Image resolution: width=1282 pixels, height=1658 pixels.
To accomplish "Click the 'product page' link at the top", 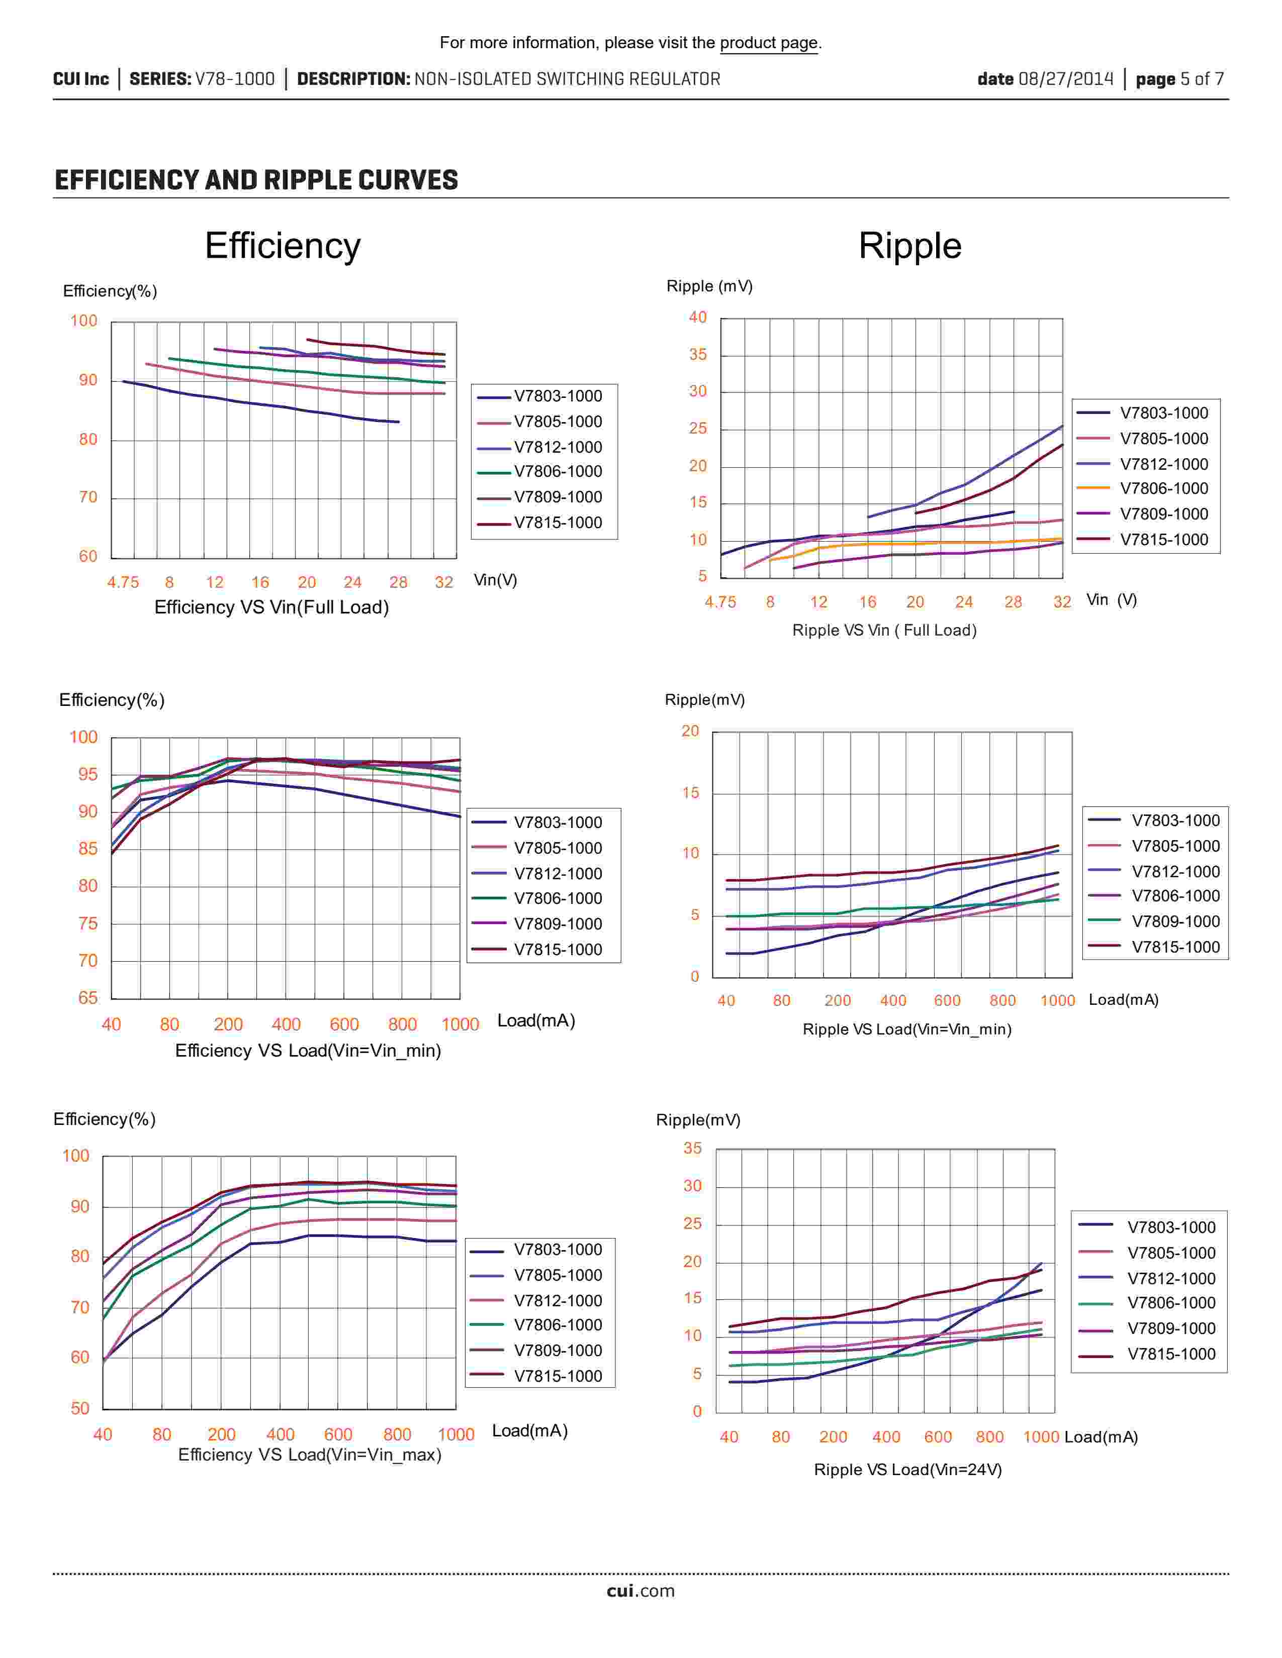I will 769,43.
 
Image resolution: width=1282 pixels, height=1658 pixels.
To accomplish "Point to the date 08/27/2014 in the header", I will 1065,79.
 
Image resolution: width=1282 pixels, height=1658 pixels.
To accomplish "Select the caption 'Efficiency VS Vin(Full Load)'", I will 271,607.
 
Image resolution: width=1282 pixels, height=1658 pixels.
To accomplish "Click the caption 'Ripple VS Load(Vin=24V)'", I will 907,1470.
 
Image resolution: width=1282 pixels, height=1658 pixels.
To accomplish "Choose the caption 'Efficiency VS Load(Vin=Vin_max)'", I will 309,1455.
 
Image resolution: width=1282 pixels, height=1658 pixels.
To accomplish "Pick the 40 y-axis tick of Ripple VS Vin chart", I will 697,318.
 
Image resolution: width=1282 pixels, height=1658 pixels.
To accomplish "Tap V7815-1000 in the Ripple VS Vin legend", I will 1163,540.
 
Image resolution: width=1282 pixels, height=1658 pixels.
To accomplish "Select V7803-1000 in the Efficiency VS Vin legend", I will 558,396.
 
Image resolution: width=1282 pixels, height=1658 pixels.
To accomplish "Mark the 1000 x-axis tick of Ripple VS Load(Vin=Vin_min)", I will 1057,1000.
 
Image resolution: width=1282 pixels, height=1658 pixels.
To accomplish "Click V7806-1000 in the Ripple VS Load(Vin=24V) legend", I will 1171,1303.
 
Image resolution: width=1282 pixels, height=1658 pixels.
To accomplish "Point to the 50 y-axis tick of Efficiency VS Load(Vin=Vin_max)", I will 80,1408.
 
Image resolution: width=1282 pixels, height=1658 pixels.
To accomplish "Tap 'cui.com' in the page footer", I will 640,1591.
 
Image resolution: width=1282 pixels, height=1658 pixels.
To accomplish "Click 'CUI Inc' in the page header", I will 80,79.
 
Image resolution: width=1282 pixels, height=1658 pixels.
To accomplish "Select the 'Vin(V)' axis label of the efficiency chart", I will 495,580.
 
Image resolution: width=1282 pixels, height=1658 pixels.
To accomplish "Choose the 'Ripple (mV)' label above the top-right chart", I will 709,286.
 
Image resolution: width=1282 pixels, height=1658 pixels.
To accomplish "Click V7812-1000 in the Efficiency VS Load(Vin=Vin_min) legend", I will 558,874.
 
